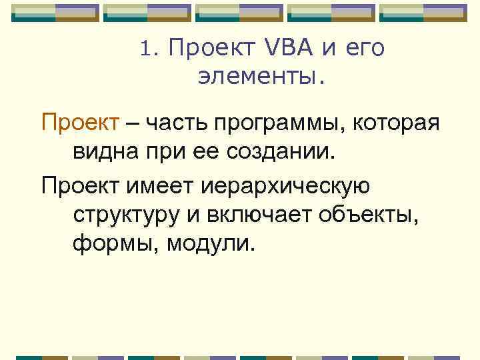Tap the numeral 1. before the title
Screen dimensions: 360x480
(x=149, y=49)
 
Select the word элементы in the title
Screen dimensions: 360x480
(x=259, y=78)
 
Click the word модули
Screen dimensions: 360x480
(x=211, y=245)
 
